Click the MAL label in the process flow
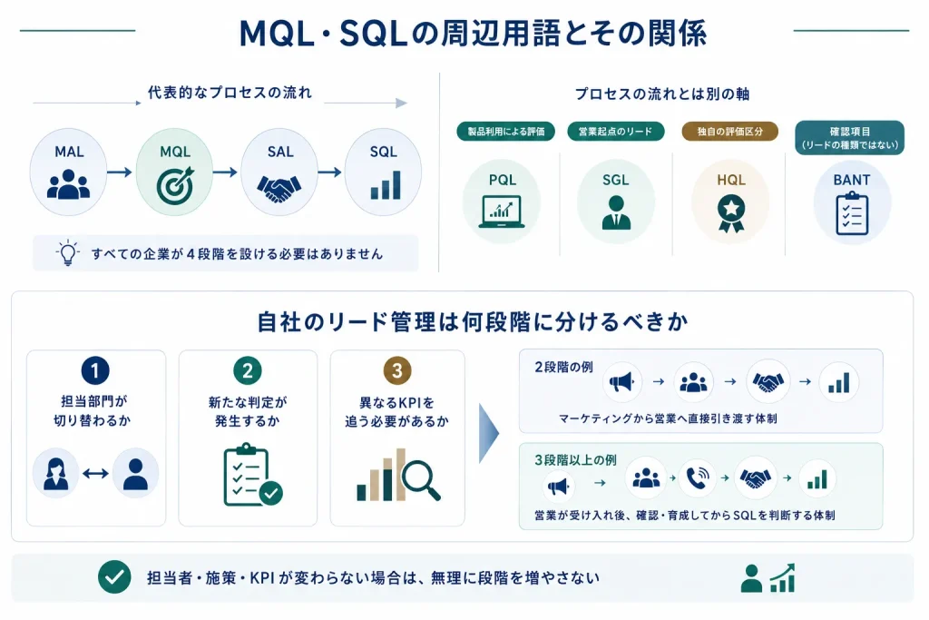point(69,152)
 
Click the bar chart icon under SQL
point(385,185)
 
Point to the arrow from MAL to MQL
point(120,172)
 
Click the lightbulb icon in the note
point(67,253)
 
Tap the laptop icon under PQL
point(501,212)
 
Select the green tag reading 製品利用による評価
point(506,132)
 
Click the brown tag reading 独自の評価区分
point(729,132)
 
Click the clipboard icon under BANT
point(852,213)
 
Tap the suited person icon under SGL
point(616,212)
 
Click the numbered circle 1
point(94,370)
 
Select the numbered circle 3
point(397,370)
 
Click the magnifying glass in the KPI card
point(421,481)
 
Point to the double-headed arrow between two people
point(95,473)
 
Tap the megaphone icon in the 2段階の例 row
point(621,382)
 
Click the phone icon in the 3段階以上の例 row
point(698,477)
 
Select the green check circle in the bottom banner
point(114,576)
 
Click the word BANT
point(851,181)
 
